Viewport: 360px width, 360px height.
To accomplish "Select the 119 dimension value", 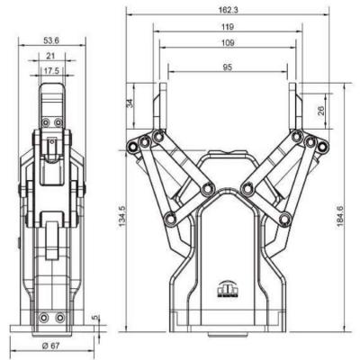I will [228, 27].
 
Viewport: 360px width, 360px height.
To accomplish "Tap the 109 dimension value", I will [228, 42].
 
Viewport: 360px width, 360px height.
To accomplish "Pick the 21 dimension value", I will [50, 57].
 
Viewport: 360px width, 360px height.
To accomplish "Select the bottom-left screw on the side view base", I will [43, 318].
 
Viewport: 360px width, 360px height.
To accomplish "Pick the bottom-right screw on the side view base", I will [59, 318].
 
